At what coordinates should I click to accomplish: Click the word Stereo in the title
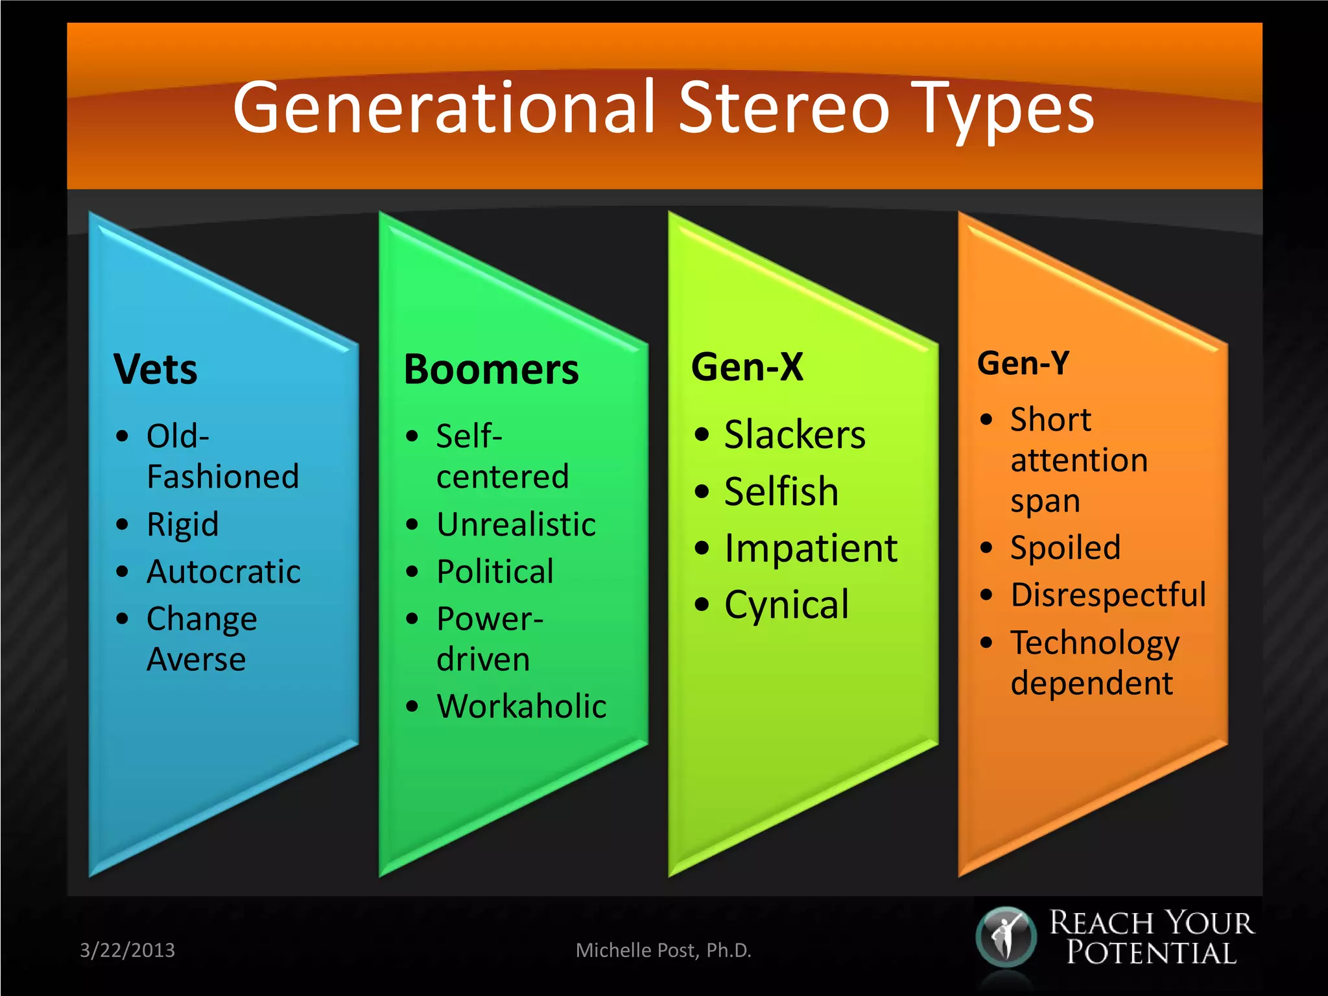(784, 108)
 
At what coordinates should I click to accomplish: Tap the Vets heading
(155, 370)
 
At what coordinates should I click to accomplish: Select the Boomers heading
(491, 370)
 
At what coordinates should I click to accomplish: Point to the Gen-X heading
(747, 367)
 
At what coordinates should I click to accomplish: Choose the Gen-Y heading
(1023, 363)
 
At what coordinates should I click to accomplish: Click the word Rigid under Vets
(182, 525)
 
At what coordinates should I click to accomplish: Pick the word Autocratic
(224, 572)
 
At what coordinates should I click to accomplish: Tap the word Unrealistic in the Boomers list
(516, 525)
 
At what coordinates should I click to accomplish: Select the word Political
(495, 572)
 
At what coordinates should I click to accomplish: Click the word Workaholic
(521, 706)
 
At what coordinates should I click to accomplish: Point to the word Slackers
(794, 434)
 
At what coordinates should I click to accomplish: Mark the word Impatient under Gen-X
(811, 549)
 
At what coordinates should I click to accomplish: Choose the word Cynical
(786, 605)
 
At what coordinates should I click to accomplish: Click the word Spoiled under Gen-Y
(1065, 548)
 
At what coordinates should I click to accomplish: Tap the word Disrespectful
(1108, 595)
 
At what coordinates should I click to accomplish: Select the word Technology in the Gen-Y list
(1095, 643)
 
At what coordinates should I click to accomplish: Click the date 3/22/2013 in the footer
(127, 950)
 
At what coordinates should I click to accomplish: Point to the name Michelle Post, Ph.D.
(663, 950)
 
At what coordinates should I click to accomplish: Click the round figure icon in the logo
(1006, 936)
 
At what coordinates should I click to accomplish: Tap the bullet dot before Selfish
(702, 492)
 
